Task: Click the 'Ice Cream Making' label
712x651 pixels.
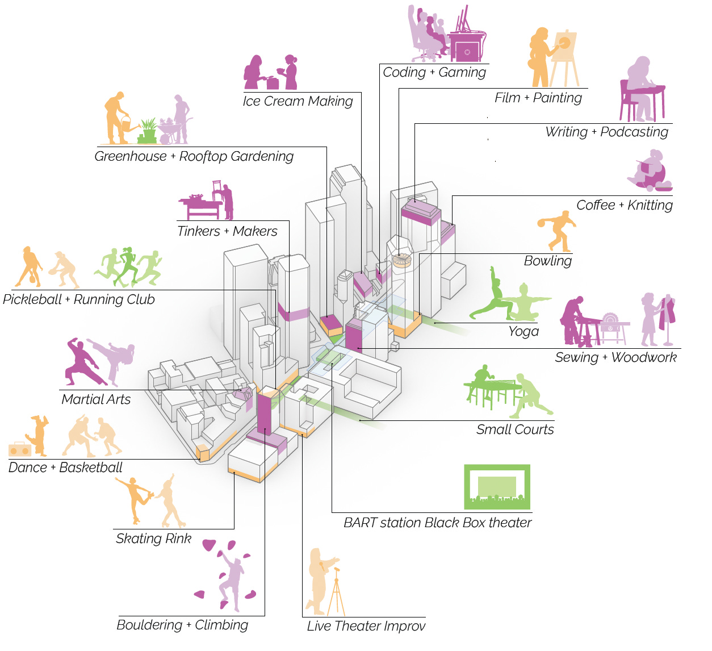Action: coord(298,101)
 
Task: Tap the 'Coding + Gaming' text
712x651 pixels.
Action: coord(434,72)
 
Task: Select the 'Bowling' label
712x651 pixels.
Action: coord(547,261)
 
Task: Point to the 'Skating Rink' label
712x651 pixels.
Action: coord(153,539)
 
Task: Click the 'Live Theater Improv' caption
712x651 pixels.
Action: coord(366,626)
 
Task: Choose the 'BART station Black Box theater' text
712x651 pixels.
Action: coord(437,523)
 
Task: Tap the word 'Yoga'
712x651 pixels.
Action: coord(523,331)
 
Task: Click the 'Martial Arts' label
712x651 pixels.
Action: coord(96,399)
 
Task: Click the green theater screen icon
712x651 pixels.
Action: coord(497,487)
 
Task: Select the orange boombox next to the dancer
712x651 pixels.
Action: coord(20,450)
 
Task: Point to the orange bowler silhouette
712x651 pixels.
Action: coord(558,230)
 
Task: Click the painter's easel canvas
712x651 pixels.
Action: coord(564,45)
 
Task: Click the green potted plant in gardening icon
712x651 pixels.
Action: coord(148,132)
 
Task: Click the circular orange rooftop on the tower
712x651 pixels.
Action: coord(401,261)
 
